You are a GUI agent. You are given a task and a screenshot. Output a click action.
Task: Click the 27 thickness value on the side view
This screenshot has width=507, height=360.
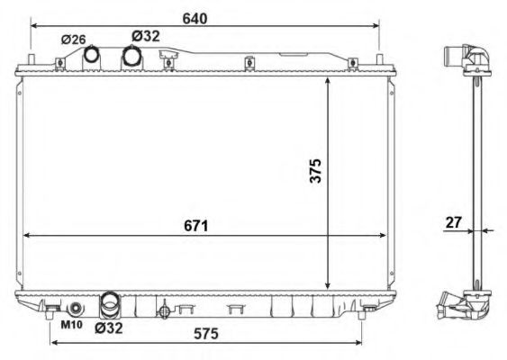454,220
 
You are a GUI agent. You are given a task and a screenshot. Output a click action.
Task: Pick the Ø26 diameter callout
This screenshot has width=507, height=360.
73,40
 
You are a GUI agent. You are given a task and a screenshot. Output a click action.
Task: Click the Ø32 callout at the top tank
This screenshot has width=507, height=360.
145,35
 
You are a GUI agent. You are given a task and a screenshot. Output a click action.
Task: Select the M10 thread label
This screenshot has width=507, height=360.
71,325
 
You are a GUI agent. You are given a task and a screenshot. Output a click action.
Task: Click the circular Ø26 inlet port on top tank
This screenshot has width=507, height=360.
92,56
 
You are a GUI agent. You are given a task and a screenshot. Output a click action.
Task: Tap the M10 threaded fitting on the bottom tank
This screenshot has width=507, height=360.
75,309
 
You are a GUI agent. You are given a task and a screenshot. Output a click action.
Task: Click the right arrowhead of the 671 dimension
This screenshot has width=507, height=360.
383,235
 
